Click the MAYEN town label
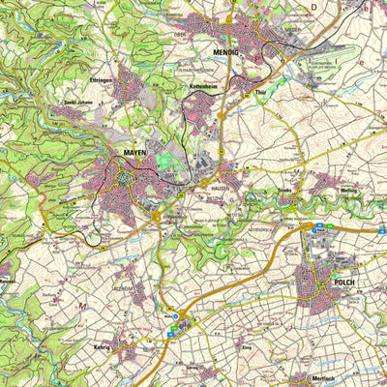135,153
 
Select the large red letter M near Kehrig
82,307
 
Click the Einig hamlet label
247,345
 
